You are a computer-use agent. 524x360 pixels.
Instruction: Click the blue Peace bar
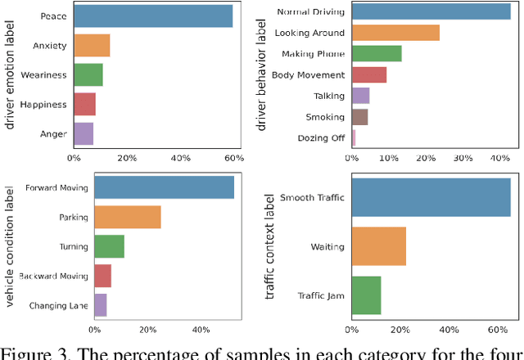coord(152,16)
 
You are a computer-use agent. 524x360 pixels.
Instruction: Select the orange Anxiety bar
coord(91,46)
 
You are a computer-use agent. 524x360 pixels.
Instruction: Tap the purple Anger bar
coord(83,133)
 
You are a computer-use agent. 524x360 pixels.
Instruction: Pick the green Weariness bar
coord(88,75)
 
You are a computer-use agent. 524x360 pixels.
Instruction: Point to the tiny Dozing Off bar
coord(353,137)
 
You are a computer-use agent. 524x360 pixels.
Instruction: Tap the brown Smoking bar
coord(359,117)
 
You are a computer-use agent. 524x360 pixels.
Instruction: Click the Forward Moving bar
coord(164,187)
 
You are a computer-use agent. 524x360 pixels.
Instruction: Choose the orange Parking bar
coord(127,217)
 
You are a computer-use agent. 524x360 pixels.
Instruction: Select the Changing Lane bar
coord(100,305)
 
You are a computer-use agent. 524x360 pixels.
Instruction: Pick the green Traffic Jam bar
coord(366,295)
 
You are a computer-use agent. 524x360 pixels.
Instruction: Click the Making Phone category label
coord(314,54)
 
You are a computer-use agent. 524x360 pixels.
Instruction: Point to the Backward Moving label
coord(52,276)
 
